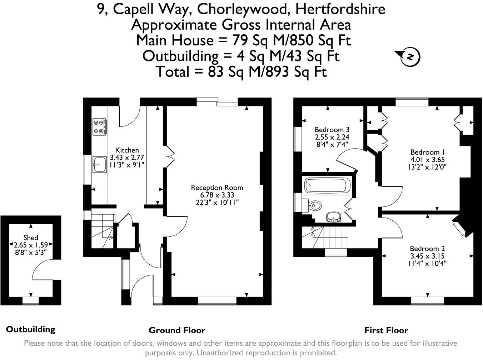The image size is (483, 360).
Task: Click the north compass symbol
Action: (x=410, y=56)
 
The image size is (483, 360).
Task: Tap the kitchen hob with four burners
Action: (x=100, y=127)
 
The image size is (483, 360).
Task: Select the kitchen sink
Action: (x=99, y=164)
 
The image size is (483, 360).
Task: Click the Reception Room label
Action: (x=217, y=187)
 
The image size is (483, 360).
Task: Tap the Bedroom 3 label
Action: (x=332, y=129)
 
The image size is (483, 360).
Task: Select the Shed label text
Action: (x=31, y=237)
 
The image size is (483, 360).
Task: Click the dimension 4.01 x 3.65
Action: (x=428, y=159)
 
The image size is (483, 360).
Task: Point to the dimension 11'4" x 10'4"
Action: (x=427, y=264)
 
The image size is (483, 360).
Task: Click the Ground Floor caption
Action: (x=177, y=330)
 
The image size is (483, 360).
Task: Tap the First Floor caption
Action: (x=386, y=330)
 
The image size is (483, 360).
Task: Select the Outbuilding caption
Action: (x=31, y=329)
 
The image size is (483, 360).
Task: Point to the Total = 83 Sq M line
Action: (x=241, y=72)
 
